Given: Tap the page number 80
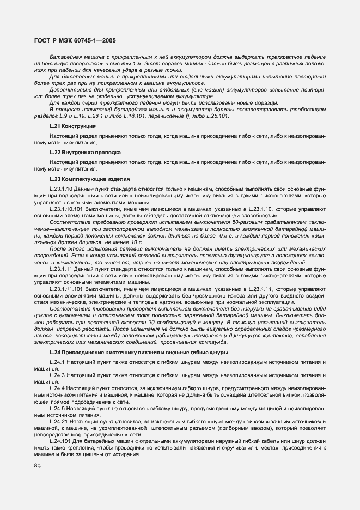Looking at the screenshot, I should (37, 466).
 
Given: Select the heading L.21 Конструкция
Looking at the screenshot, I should (72, 126).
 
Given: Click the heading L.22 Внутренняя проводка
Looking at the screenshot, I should (85, 152).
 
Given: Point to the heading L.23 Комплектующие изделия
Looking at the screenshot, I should (89, 179).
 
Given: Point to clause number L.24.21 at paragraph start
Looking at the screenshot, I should (58, 421).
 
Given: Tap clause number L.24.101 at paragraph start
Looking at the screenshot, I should (60, 441).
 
